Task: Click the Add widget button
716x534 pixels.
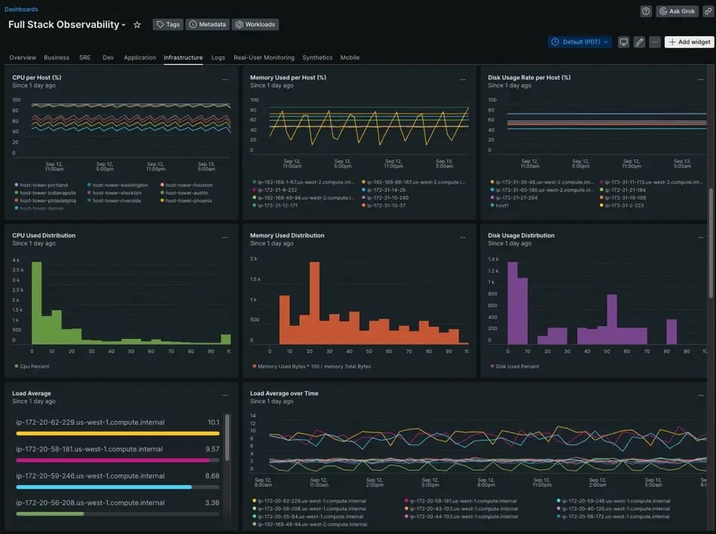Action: click(689, 42)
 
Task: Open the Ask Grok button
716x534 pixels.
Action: click(677, 11)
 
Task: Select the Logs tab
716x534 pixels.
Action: click(218, 57)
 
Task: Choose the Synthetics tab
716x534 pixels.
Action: click(317, 57)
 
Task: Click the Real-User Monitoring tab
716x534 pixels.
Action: click(264, 57)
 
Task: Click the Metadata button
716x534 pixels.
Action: click(207, 24)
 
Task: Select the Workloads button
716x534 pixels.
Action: click(255, 24)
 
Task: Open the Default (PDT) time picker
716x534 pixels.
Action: click(579, 42)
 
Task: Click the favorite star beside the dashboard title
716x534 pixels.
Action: click(137, 25)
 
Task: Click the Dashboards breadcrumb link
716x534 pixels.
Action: click(21, 10)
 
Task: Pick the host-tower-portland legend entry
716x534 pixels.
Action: click(43, 185)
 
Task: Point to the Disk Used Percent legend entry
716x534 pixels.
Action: click(517, 367)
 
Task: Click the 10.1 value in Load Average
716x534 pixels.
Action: click(213, 423)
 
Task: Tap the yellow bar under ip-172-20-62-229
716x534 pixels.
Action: click(118, 433)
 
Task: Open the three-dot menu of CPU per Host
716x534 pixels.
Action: click(225, 79)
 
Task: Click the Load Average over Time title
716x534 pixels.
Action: click(283, 393)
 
